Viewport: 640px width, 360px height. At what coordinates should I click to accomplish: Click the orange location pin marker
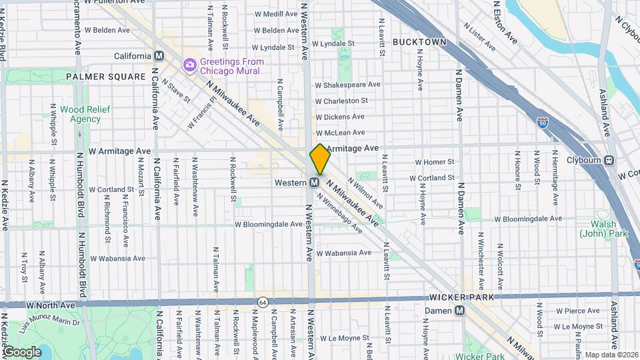click(x=320, y=159)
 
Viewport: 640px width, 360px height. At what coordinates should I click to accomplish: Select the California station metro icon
click(x=159, y=56)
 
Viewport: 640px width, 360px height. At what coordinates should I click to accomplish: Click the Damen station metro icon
click(x=459, y=311)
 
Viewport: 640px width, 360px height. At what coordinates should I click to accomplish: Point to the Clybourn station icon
click(x=609, y=160)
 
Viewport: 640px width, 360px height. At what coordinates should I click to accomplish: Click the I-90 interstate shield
click(x=543, y=121)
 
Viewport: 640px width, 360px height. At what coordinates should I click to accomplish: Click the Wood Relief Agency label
click(x=80, y=114)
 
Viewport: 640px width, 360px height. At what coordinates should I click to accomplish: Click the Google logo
click(x=22, y=351)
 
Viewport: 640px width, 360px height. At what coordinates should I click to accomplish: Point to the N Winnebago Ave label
click(x=339, y=213)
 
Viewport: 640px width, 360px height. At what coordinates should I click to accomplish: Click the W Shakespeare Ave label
click(x=347, y=85)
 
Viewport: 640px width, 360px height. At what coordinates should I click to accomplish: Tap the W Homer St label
click(x=434, y=162)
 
